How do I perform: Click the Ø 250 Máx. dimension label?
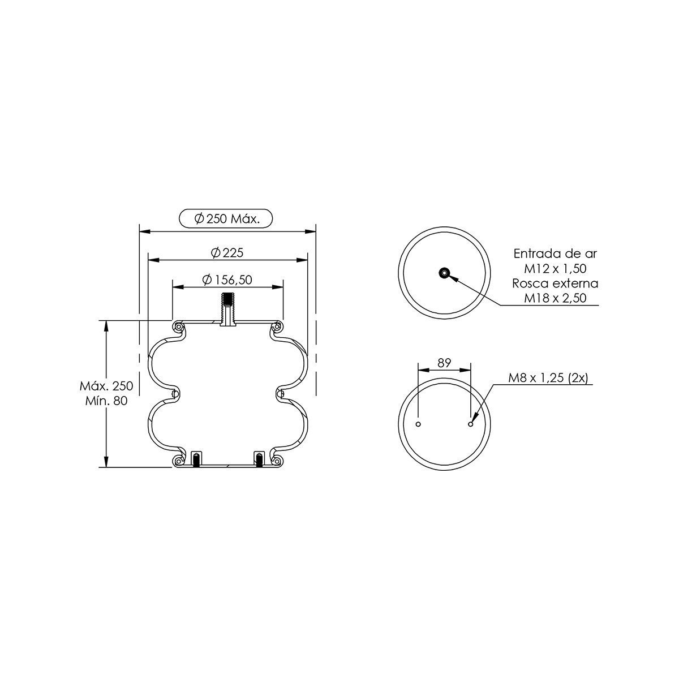[227, 219]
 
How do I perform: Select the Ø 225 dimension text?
[227, 252]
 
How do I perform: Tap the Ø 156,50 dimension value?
[227, 280]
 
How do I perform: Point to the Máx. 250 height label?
[106, 386]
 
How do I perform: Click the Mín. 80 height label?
[106, 401]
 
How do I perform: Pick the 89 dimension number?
[444, 363]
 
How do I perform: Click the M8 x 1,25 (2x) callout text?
[548, 378]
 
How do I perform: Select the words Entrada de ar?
[555, 253]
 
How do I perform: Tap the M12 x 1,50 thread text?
[555, 269]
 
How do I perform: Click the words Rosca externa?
[555, 283]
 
